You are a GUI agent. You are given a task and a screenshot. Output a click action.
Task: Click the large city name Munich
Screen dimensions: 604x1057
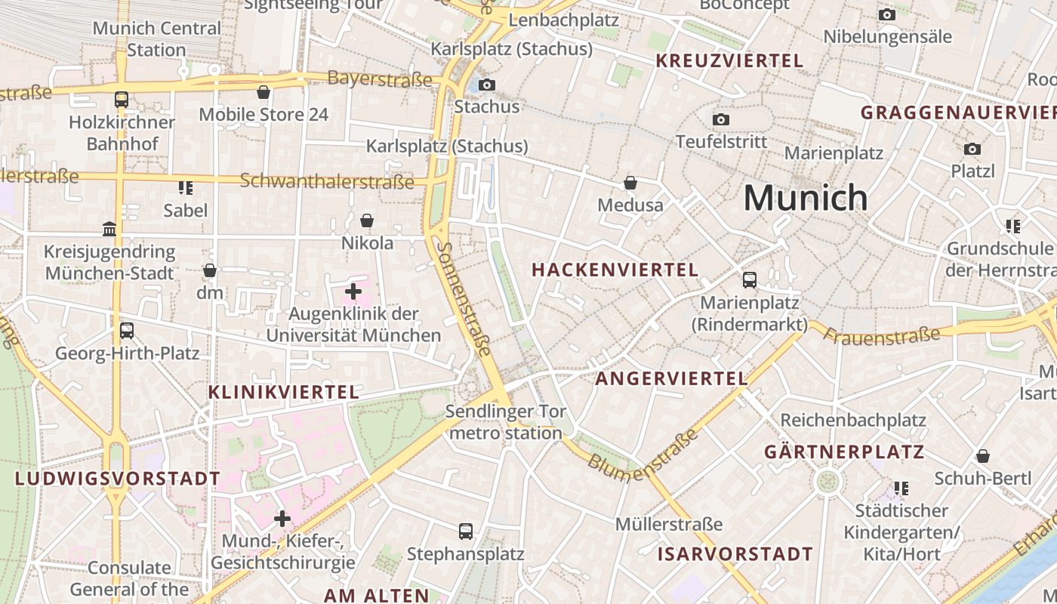[806, 198]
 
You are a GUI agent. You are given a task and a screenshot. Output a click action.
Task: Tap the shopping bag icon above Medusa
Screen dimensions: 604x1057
[630, 183]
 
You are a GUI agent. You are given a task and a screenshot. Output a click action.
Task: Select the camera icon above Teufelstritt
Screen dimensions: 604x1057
[721, 119]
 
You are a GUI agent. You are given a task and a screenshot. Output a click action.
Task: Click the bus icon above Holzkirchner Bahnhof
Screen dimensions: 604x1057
[121, 99]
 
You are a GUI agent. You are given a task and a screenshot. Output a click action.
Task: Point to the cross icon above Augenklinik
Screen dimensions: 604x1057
[353, 291]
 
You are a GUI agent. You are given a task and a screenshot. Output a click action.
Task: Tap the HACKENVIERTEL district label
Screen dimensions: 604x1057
[615, 270]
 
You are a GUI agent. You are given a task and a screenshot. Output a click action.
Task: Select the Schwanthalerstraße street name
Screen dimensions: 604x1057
[327, 181]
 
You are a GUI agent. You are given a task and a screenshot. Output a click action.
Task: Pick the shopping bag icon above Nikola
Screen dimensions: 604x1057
[367, 220]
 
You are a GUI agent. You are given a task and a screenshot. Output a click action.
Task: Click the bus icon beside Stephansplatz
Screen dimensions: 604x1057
[466, 531]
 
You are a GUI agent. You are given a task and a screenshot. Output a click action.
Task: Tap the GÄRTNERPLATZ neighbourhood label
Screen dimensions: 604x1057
[844, 452]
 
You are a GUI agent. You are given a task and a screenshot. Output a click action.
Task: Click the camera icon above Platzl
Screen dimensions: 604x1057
[972, 149]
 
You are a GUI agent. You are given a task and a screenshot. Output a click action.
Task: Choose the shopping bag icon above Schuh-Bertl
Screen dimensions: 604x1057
[982, 456]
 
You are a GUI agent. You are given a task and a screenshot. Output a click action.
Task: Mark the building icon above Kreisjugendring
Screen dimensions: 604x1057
[109, 229]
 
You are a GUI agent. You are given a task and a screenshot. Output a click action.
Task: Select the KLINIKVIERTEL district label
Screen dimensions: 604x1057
[284, 392]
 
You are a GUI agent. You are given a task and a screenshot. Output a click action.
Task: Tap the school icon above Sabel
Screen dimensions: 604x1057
[185, 187]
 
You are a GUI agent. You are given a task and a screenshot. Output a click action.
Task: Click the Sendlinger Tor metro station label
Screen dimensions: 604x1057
[504, 422]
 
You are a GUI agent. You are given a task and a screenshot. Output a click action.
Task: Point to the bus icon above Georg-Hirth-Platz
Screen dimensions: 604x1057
[127, 330]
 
